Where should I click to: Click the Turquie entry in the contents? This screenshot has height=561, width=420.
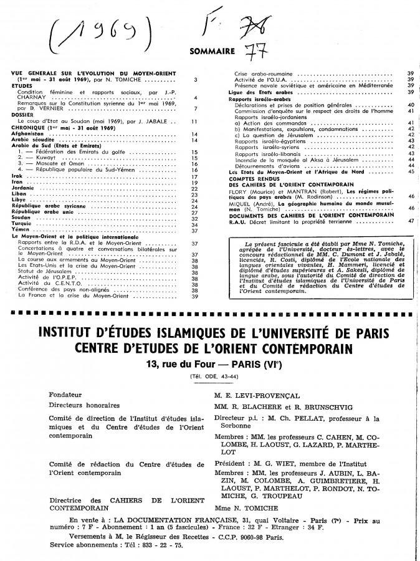tap(23, 224)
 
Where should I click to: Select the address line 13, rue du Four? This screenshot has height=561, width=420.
tap(210, 365)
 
